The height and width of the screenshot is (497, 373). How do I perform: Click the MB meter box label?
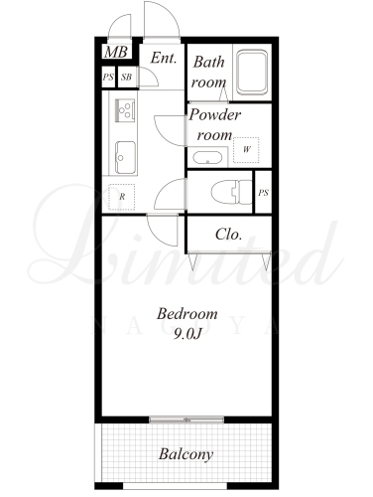tap(116, 52)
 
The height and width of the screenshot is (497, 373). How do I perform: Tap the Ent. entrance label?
tap(164, 58)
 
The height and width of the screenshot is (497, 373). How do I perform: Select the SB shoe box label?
tap(126, 78)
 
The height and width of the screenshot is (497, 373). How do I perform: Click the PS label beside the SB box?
tap(108, 78)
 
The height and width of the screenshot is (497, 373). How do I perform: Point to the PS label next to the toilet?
tap(264, 193)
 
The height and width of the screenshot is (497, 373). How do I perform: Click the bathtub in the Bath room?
tap(252, 72)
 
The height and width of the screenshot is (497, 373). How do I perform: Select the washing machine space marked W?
tap(246, 150)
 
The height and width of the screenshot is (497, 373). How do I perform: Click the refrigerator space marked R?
tap(122, 197)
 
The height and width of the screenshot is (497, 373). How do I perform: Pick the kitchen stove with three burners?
tap(125, 109)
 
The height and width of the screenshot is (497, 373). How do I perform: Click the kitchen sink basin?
tap(125, 158)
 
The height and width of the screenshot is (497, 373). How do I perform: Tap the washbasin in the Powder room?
tap(207, 158)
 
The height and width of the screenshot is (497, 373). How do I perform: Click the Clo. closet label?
tap(228, 235)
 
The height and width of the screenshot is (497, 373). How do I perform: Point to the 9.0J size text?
tap(187, 335)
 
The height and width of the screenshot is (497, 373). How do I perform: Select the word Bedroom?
tap(187, 314)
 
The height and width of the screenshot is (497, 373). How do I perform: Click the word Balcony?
tap(186, 454)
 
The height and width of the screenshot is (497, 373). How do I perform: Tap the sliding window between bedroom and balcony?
tap(186, 419)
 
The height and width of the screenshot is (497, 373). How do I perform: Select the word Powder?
tap(215, 115)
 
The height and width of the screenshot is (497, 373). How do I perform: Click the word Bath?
tap(209, 62)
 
